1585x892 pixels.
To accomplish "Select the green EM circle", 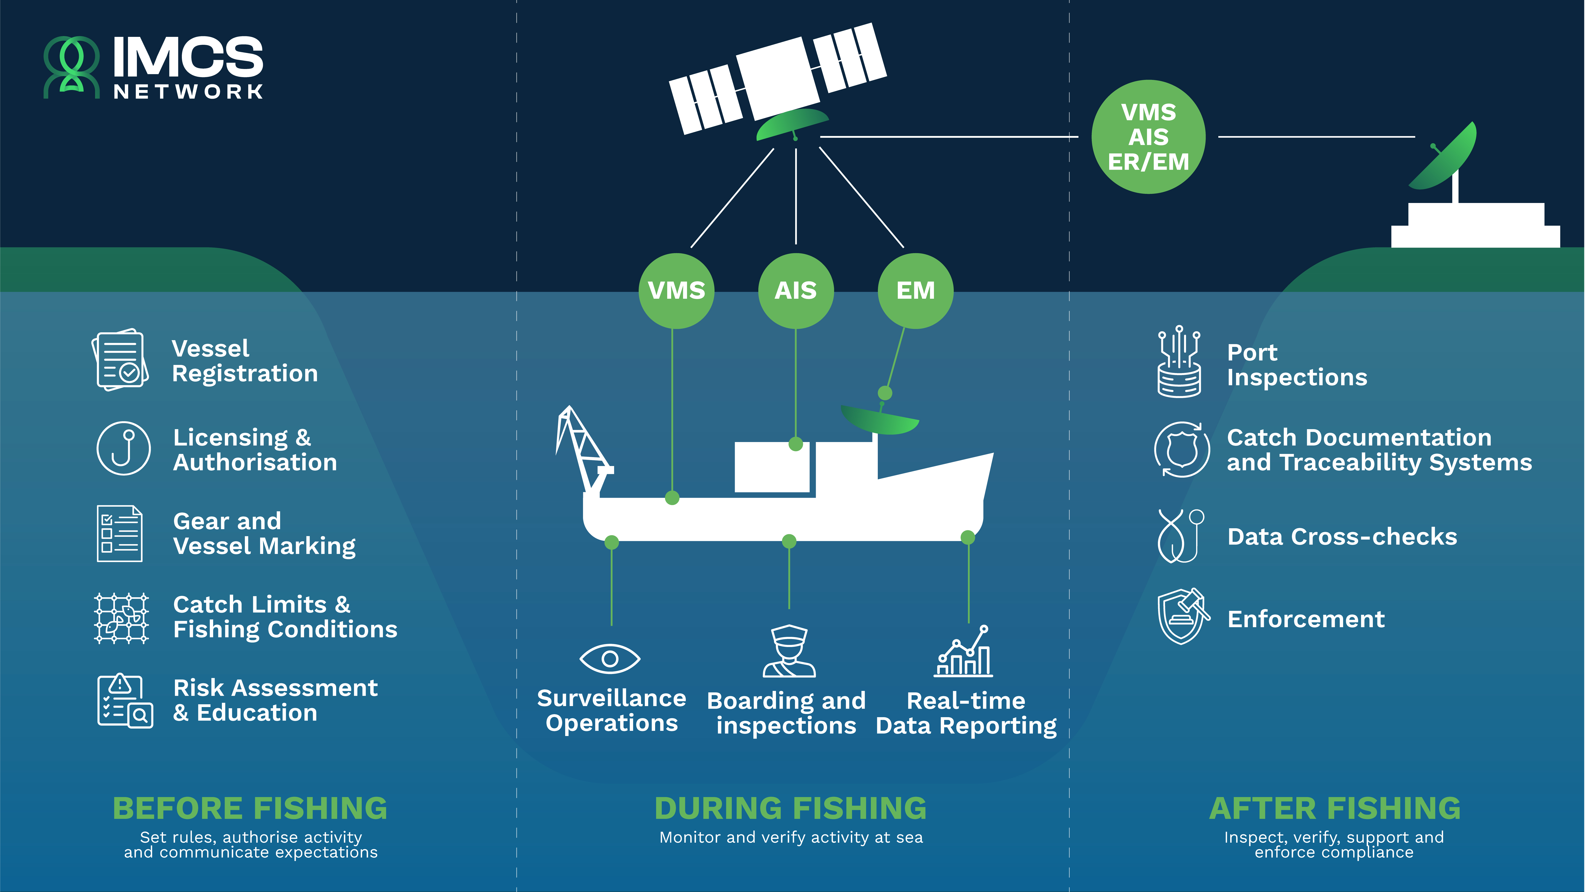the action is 916,291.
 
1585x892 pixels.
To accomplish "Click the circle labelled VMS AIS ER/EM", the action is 1148,137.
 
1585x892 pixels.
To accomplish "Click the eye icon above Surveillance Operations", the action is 610,659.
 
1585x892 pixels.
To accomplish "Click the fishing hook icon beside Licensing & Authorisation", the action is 124,448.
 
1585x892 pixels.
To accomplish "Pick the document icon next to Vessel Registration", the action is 120,360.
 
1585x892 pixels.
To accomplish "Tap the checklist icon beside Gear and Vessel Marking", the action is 119,533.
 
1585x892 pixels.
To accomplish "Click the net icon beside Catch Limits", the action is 121,618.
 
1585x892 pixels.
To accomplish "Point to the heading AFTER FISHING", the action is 1335,808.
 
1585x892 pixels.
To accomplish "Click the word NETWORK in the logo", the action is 188,92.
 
